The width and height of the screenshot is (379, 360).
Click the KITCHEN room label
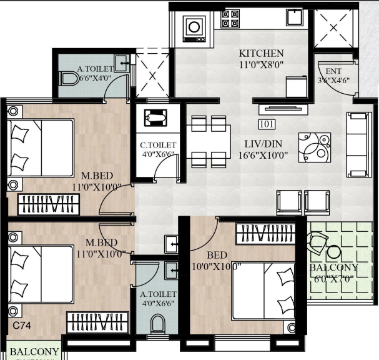[x=262, y=53]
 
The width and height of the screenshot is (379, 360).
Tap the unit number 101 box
[x=266, y=123]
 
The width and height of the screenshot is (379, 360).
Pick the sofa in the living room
[x=358, y=145]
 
